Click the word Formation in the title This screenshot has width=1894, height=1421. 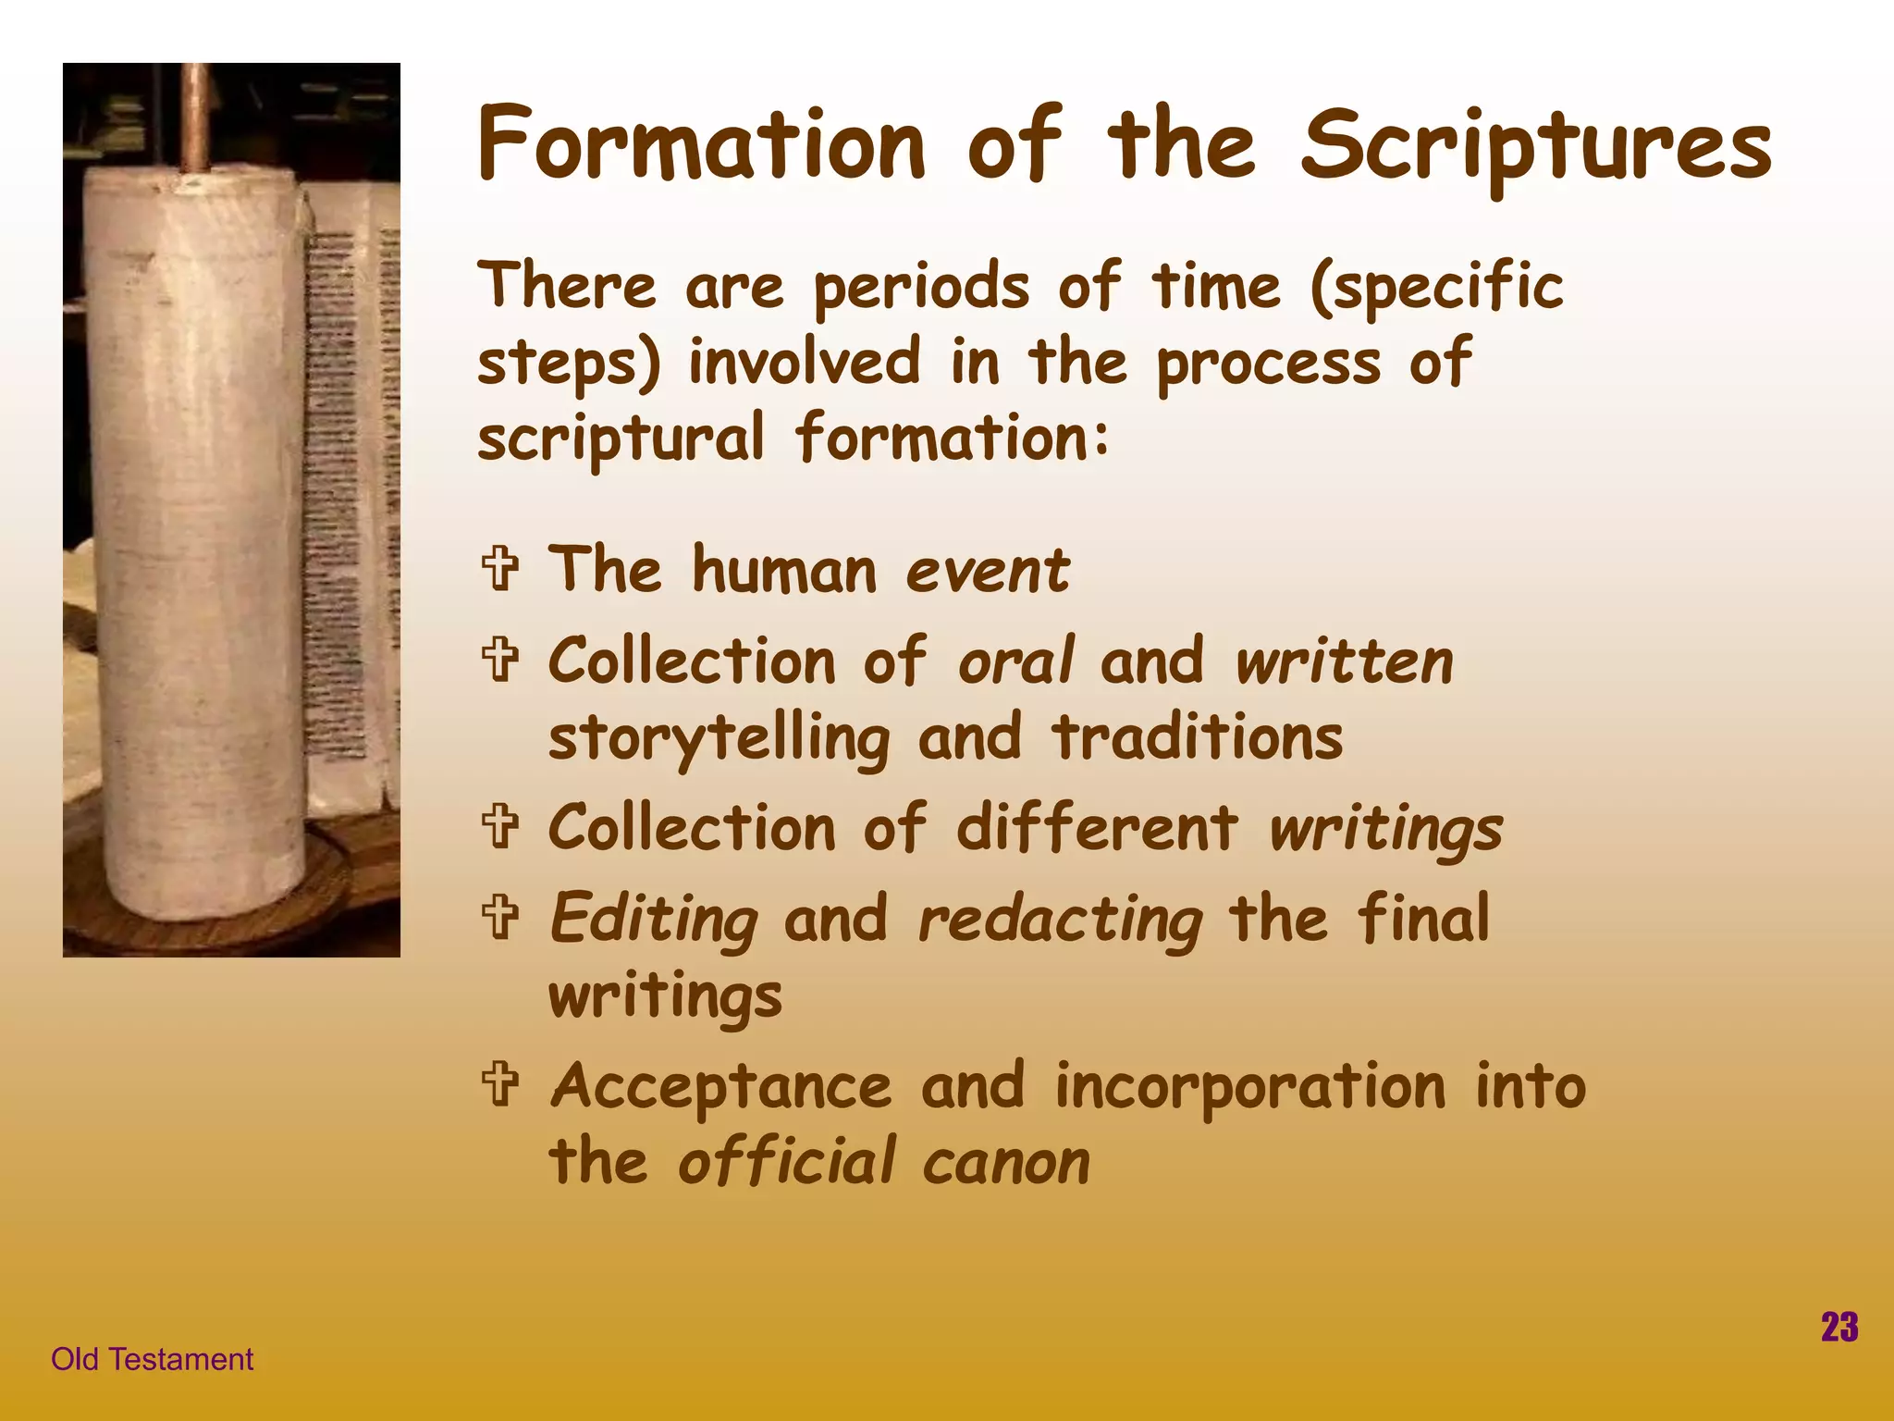pyautogui.click(x=701, y=145)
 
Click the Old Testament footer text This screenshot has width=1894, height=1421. pyautogui.click(x=152, y=1359)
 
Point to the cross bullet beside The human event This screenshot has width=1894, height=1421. pyautogui.click(x=500, y=568)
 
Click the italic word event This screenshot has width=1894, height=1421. pyautogui.click(x=987, y=571)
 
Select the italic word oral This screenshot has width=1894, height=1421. pyautogui.click(x=1015, y=662)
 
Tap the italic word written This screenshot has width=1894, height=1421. pyautogui.click(x=1344, y=662)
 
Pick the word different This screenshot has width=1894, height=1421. pyautogui.click(x=1096, y=827)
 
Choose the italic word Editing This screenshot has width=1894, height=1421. pyautogui.click(x=654, y=920)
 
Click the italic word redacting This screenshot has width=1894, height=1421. pyautogui.click(x=1060, y=920)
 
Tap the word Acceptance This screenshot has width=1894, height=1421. pyautogui.click(x=721, y=1086)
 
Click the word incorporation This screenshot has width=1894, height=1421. pyautogui.click(x=1249, y=1086)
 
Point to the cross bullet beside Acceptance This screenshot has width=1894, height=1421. pyautogui.click(x=500, y=1083)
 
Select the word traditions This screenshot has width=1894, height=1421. pyautogui.click(x=1198, y=738)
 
